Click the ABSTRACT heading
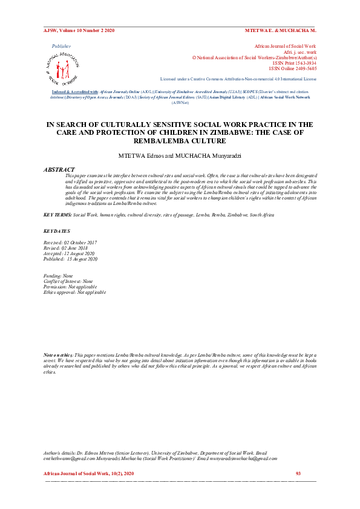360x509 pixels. (x=59, y=169)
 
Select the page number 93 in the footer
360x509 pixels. (x=298, y=473)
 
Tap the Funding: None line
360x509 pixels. (x=59, y=276)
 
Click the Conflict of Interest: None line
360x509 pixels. (x=69, y=281)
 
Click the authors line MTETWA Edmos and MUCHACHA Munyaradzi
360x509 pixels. (x=180, y=155)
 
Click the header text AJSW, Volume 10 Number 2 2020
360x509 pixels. (x=79, y=30)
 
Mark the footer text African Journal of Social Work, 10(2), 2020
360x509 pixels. (x=89, y=473)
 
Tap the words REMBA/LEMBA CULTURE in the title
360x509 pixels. (x=180, y=140)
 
